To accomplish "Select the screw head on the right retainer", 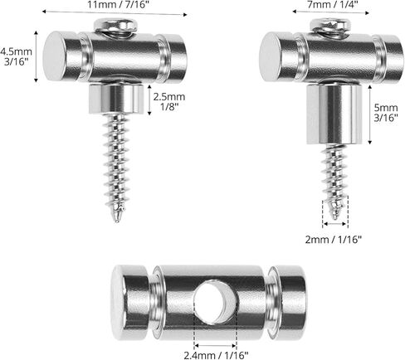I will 331,27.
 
